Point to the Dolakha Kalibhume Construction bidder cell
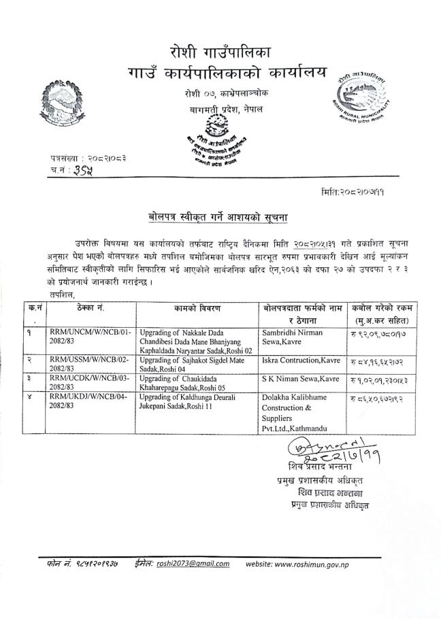[x=298, y=410]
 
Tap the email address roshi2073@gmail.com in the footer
[x=193, y=563]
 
